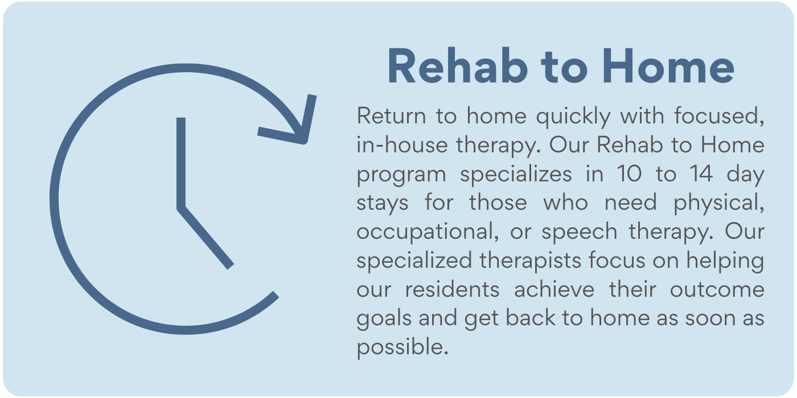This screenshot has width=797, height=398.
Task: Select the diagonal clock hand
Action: (x=206, y=238)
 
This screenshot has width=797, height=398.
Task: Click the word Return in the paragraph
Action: (x=392, y=116)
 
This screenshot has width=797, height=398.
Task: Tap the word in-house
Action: (x=402, y=145)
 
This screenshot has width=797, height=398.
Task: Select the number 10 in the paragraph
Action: (x=629, y=174)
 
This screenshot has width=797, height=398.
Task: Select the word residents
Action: (x=453, y=289)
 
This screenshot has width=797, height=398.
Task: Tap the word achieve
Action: (x=554, y=289)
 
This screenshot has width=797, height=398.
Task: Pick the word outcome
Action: (x=717, y=289)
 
